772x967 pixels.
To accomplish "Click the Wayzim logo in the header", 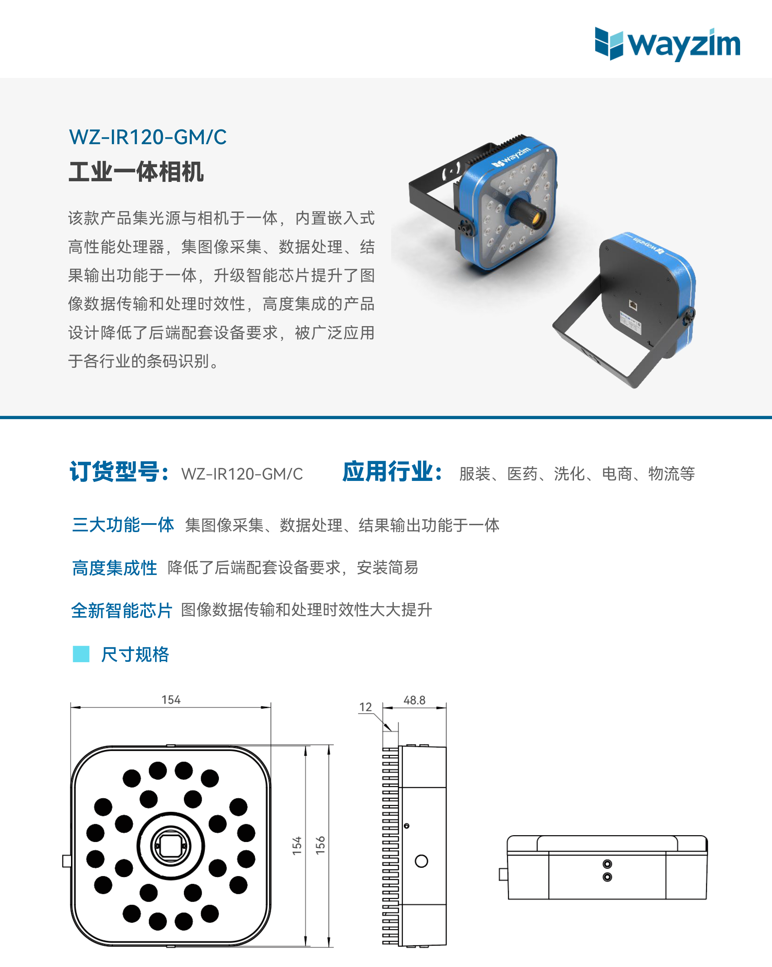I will coord(667,44).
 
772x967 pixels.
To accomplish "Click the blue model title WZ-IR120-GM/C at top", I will coord(148,137).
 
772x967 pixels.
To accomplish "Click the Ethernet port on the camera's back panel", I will coord(633,305).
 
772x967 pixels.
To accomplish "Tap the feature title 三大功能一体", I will coord(123,525).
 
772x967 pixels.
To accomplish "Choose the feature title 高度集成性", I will coord(114,568).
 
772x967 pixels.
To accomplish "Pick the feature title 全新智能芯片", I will coord(121,610).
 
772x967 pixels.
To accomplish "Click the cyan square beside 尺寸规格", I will coord(81,654).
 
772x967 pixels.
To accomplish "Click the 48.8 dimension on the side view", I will coord(414,700).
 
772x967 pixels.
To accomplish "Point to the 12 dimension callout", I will coord(365,707).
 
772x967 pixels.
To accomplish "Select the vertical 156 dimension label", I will coord(320,845).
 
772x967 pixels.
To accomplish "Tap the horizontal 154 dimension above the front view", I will coord(171,700).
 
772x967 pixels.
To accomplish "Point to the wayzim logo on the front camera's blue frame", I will coord(511,158).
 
